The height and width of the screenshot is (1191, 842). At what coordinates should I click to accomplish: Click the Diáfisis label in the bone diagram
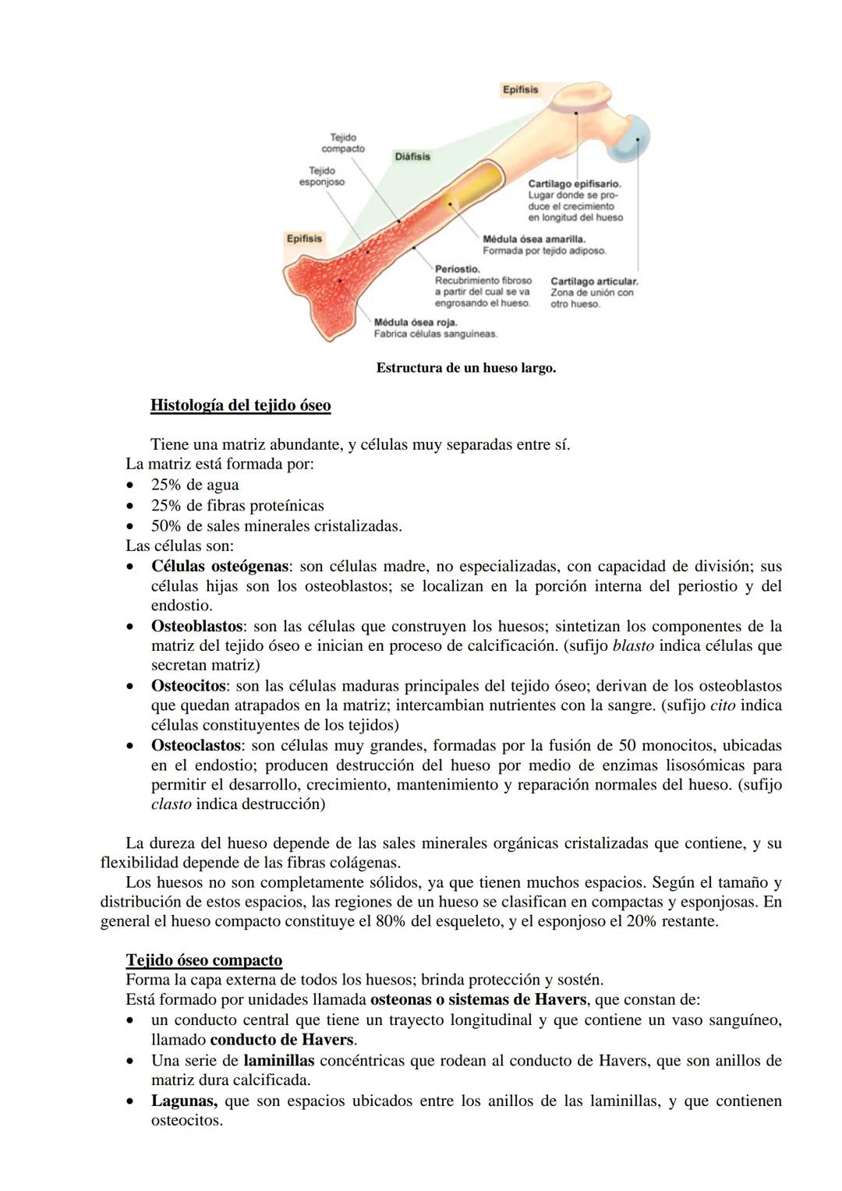[x=412, y=157]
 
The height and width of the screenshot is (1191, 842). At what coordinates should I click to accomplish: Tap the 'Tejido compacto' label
[x=343, y=143]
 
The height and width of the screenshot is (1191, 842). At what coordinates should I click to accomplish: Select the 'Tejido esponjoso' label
[x=322, y=176]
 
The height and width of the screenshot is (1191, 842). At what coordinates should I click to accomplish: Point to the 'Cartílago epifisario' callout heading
[x=574, y=184]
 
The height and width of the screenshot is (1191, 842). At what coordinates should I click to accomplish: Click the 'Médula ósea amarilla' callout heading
[x=534, y=239]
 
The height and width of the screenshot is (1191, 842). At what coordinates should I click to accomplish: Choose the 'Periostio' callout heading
[x=458, y=269]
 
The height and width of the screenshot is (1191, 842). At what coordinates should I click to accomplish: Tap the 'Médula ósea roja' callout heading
[x=416, y=322]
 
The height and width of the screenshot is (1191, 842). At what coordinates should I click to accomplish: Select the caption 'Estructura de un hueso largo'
[x=465, y=368]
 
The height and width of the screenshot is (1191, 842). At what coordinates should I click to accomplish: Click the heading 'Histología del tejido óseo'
[x=240, y=405]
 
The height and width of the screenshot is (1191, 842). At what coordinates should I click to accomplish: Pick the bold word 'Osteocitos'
[x=188, y=687]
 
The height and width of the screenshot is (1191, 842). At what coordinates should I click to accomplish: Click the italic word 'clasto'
[x=171, y=804]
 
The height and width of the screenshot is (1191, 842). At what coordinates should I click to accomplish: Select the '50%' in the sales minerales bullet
[x=166, y=526]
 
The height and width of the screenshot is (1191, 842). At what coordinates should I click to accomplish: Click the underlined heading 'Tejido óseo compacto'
[x=203, y=960]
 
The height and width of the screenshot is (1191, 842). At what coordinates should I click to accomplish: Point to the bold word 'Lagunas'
[x=184, y=1101]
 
